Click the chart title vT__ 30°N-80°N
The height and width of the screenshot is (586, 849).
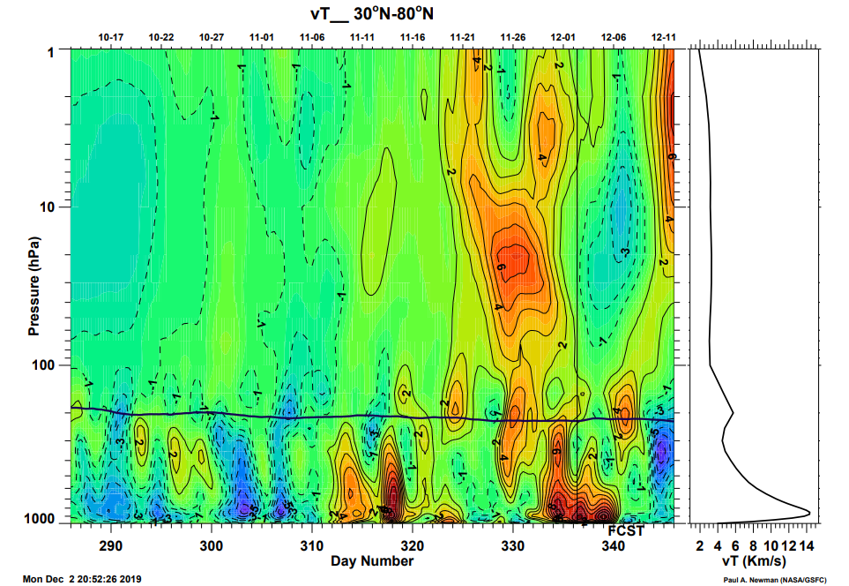372,14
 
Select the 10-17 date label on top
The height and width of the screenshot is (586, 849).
111,37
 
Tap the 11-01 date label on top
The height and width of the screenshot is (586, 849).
262,37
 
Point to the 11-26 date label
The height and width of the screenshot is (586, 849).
513,37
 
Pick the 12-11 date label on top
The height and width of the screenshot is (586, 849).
664,37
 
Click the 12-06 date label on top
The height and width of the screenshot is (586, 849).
614,37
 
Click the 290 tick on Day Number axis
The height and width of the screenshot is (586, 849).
111,545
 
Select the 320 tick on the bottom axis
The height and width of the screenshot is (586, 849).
413,545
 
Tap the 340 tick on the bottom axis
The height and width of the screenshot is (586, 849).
614,545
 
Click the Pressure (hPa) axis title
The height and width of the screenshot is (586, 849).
34,286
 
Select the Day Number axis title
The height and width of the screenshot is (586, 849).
372,560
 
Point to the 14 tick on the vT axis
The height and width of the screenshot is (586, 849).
804,545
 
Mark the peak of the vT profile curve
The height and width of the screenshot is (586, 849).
809,512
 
